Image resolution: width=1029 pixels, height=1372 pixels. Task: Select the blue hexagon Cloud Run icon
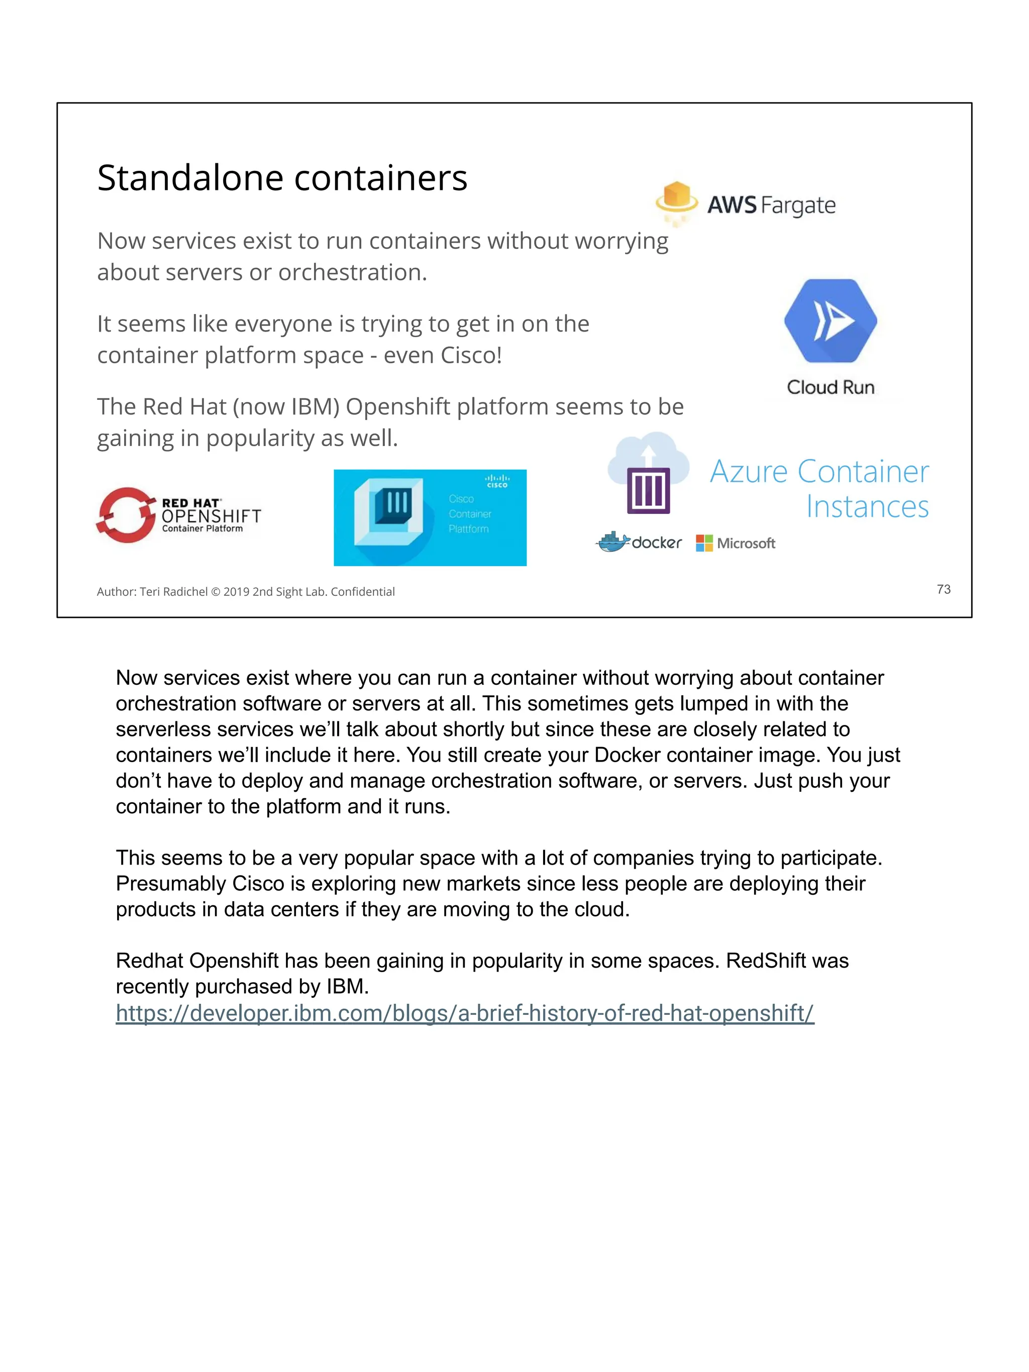coord(830,321)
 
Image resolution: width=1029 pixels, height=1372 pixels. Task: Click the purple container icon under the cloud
coord(648,490)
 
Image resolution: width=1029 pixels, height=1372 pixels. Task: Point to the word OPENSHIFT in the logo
coord(211,516)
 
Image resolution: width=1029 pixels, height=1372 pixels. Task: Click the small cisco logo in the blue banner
coord(497,481)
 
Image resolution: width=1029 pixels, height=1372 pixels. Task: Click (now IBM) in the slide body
coord(286,407)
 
